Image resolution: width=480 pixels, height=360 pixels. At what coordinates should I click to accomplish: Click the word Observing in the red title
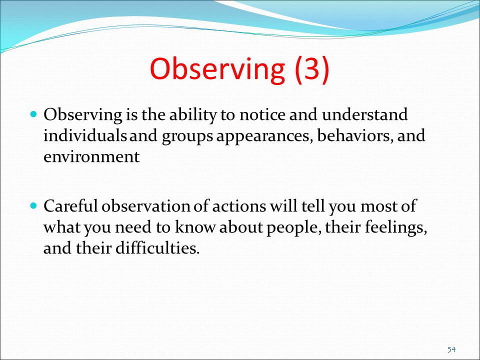point(217,70)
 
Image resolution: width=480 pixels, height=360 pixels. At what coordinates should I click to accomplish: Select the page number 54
point(451,349)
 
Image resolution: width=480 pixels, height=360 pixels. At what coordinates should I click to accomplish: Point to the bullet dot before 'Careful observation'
point(33,205)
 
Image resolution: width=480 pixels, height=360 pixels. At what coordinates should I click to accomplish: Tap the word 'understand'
point(364,114)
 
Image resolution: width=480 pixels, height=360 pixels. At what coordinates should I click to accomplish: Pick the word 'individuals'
point(85,135)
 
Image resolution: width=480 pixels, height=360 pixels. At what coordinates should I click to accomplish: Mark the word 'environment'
point(91,157)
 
